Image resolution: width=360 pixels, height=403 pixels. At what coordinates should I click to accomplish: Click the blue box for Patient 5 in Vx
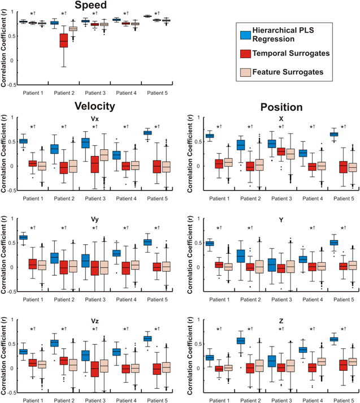point(148,133)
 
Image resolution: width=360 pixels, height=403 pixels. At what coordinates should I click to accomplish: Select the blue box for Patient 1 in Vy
point(24,237)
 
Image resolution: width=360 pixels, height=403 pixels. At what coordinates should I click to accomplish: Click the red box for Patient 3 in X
point(281,151)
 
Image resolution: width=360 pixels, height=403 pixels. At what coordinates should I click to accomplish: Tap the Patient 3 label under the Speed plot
point(95,90)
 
